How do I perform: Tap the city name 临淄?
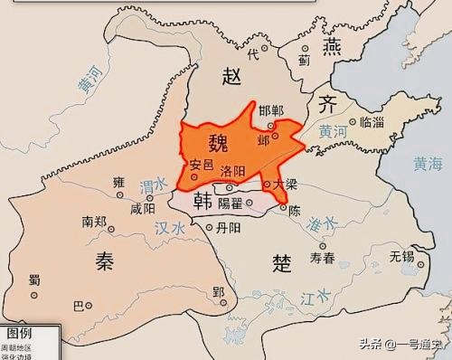(371, 120)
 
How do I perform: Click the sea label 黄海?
(428, 164)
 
